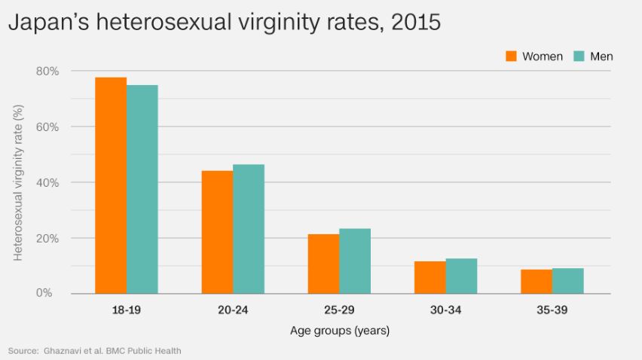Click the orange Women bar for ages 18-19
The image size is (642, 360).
[111, 185]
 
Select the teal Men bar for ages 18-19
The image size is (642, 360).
[142, 189]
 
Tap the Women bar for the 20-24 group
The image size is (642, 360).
[218, 232]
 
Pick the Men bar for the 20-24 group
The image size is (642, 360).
[249, 229]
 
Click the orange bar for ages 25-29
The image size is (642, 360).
[324, 264]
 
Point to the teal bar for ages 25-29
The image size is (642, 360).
[355, 261]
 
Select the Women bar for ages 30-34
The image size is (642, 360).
[430, 277]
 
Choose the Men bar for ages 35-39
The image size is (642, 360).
[568, 281]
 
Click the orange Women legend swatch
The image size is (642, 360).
[511, 56]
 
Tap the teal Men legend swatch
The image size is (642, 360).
[579, 56]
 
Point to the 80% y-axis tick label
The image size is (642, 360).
[47, 72]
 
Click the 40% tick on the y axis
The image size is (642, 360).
[47, 183]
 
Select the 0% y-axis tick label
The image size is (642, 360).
[44, 293]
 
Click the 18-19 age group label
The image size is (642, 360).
[127, 310]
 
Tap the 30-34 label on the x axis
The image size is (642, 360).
[446, 310]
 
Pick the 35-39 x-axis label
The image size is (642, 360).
[552, 310]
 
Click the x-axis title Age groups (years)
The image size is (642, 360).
[340, 331]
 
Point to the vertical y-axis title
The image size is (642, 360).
[18, 183]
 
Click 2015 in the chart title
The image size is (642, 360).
[416, 22]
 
